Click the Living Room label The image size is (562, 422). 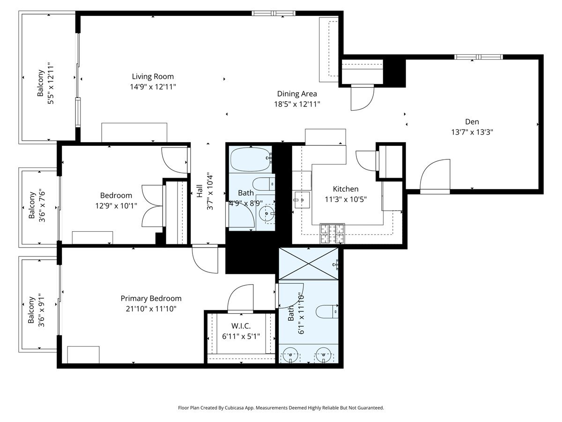tap(153, 76)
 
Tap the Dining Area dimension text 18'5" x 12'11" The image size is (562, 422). tap(297, 104)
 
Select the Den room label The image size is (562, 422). tap(472, 121)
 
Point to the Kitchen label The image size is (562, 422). tap(346, 189)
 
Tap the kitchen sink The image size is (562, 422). tap(302, 199)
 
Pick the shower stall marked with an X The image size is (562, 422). tap(308, 264)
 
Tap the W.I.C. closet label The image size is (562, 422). tap(241, 326)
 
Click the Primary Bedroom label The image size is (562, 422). tap(151, 298)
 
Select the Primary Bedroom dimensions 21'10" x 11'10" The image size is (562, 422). tap(151, 309)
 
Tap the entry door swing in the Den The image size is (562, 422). tap(435, 176)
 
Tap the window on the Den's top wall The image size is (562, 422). tap(478, 57)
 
